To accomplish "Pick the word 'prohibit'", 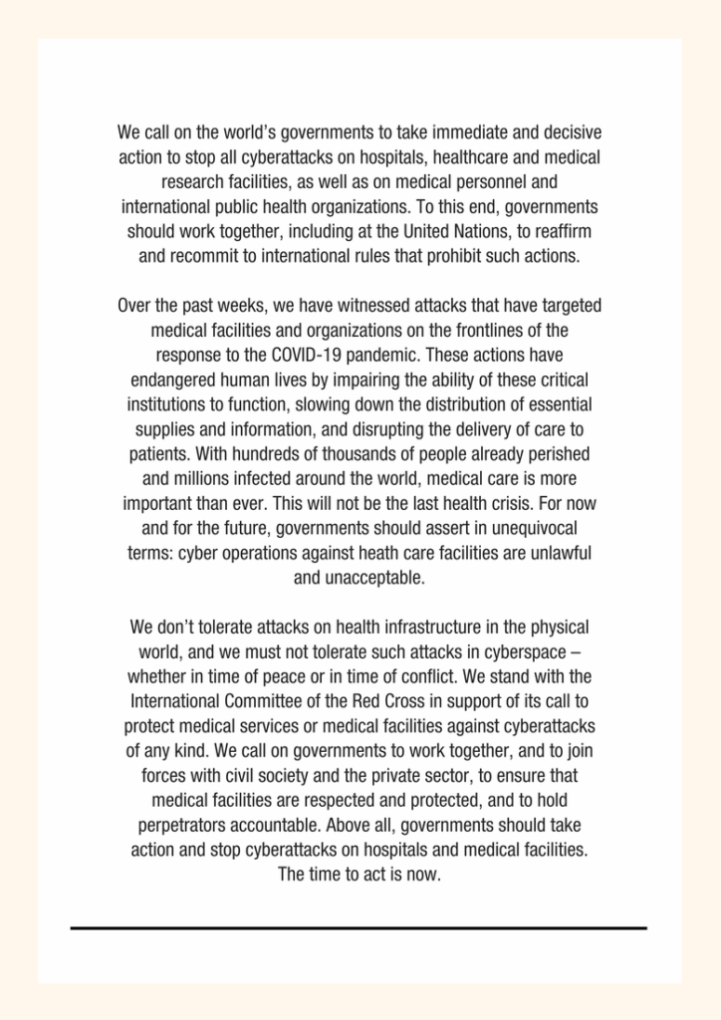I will coord(463,256).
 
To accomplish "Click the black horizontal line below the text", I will coord(359,928).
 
